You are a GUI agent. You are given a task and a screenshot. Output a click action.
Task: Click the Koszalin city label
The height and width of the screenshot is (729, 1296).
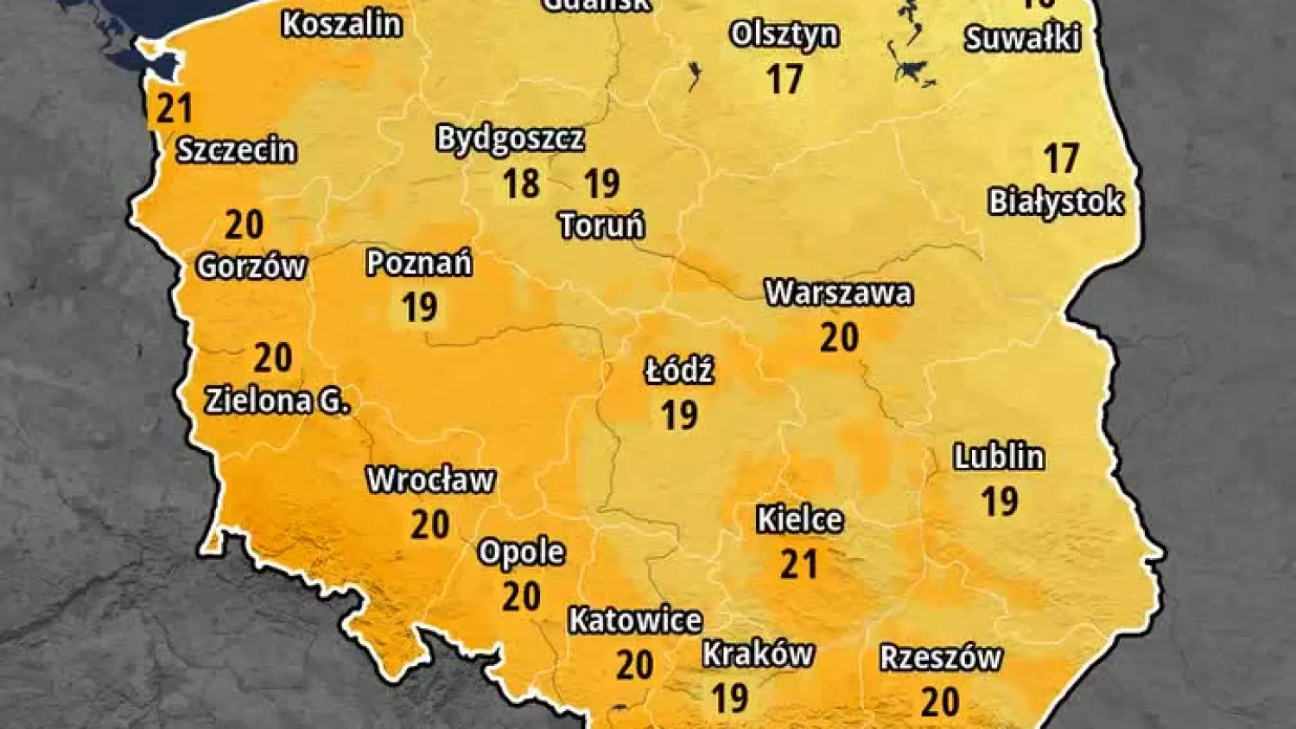342,24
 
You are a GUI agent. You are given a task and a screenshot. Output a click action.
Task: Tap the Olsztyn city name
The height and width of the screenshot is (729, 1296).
785,35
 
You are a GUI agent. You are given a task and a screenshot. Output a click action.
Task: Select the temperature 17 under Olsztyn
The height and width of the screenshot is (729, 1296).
785,79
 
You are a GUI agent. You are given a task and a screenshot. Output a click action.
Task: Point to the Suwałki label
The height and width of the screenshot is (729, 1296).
1022,39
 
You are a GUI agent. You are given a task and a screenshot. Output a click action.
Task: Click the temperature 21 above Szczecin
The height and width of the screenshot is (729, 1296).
175,109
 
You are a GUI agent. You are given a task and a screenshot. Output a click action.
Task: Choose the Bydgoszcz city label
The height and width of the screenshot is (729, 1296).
510,139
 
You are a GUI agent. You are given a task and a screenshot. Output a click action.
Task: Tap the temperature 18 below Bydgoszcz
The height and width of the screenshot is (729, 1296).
521,183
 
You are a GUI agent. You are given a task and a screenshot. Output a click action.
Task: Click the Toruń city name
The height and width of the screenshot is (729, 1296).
602,226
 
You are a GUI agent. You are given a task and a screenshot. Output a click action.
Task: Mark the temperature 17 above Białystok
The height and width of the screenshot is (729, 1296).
1061,159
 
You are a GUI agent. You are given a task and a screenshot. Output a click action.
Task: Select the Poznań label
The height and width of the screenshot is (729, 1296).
419,263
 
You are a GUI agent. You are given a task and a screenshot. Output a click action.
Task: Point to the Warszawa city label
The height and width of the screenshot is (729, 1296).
838,293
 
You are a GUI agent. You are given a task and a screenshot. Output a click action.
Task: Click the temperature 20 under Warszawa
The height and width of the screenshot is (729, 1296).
839,337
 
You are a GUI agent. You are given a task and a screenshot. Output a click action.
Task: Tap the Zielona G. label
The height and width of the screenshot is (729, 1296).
277,401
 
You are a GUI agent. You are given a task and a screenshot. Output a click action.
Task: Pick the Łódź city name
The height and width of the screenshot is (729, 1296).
679,371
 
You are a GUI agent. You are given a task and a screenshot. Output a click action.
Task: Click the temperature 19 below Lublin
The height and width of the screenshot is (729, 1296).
1000,502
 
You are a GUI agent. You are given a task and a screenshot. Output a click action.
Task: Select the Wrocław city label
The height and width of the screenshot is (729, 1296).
430,480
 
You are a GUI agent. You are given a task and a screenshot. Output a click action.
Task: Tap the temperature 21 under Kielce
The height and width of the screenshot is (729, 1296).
799,564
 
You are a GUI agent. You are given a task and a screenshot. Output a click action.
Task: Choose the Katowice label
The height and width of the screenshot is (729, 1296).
635,620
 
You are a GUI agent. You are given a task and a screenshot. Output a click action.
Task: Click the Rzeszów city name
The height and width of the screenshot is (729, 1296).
941,658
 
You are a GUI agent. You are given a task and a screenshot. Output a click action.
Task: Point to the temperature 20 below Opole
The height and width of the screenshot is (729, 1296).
522,596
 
